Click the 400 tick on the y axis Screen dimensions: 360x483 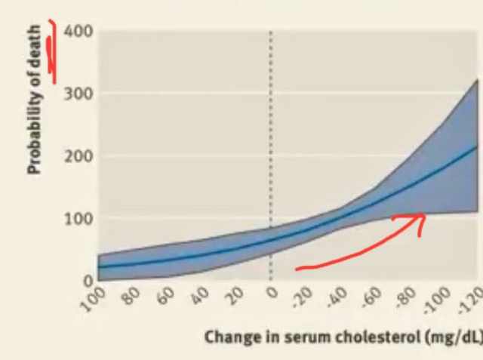[x=78, y=32]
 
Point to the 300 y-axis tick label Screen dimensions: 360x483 [x=78, y=94]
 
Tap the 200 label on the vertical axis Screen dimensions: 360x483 [x=78, y=157]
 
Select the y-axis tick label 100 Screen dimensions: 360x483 [x=78, y=220]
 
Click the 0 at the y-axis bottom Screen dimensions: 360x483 [x=88, y=281]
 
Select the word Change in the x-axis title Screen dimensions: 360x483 [x=228, y=337]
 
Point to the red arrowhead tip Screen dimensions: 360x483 [x=424, y=216]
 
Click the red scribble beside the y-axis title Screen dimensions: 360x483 [x=53, y=49]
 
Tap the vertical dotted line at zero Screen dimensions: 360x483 [x=271, y=151]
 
